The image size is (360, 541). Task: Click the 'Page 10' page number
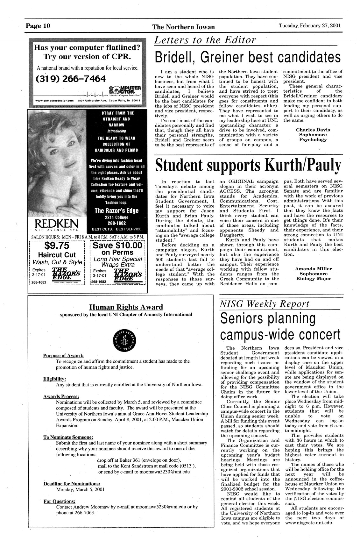[38, 26]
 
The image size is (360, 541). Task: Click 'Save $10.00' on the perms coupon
[117, 246]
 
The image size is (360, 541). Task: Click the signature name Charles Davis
[313, 130]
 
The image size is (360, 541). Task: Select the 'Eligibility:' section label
[54, 379]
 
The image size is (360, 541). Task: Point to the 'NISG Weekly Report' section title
[265, 304]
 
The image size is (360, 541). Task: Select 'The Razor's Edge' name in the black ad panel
[116, 211]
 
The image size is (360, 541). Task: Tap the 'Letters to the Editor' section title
[205, 40]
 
